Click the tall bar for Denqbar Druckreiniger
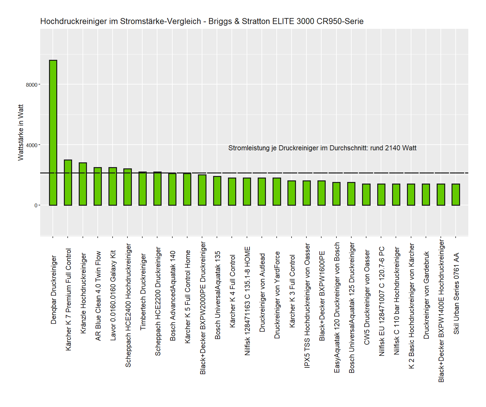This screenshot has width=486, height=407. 53,133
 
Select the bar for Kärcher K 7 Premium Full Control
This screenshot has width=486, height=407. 68,183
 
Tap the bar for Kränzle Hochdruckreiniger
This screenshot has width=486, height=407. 83,184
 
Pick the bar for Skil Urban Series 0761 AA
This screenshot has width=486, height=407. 456,194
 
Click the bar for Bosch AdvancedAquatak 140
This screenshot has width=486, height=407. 172,189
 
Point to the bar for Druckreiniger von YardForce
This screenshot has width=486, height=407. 277,191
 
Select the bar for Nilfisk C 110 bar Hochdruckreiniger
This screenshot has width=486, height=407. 396,194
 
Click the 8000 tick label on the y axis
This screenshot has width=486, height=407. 31,85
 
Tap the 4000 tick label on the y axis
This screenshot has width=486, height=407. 31,145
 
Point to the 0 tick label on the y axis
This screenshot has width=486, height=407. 36,205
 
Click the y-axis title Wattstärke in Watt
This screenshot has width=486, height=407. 21,133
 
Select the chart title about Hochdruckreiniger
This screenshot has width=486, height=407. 202,21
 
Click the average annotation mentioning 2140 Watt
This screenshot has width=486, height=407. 322,148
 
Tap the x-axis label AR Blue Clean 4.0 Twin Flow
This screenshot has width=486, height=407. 98,296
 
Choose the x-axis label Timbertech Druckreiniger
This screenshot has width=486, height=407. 143,291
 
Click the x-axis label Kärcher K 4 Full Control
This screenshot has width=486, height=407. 232,291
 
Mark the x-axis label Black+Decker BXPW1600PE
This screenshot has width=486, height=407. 322,296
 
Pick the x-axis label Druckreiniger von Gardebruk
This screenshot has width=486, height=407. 426,295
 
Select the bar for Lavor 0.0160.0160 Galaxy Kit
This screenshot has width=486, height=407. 113,186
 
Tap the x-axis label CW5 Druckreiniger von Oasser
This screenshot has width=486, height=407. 367,297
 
